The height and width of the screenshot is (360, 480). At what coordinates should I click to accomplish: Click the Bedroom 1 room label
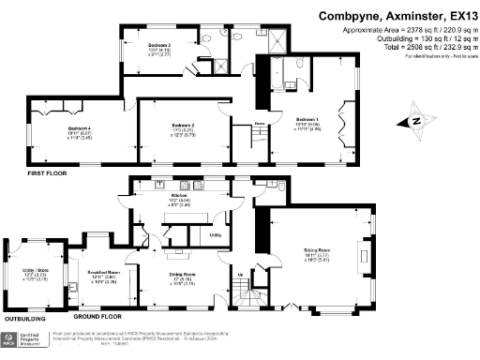pos(308,120)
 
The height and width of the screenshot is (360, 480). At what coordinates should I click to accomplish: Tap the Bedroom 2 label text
pos(183,125)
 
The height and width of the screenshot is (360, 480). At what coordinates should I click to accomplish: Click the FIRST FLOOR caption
pos(48,174)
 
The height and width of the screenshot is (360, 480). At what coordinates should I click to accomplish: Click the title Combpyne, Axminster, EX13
pos(393,16)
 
